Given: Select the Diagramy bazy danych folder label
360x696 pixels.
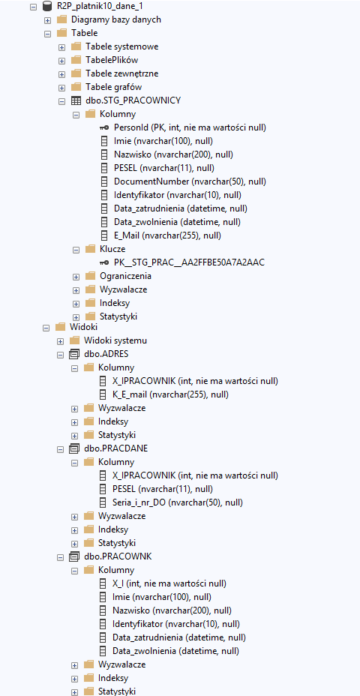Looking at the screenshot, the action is click(115, 19).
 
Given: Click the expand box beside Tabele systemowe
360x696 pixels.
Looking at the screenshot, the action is click(61, 47).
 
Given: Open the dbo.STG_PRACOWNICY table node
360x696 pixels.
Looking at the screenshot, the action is click(133, 100).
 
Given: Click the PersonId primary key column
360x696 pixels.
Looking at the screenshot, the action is click(190, 127).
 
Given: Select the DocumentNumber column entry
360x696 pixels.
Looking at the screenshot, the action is click(190, 181).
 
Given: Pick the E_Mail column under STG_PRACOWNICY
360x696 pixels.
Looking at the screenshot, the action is click(167, 235).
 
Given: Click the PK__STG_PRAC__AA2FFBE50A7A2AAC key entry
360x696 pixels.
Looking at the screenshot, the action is click(189, 262).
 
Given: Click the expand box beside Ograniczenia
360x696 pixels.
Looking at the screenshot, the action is click(76, 277).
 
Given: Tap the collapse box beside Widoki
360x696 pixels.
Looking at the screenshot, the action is click(46, 328).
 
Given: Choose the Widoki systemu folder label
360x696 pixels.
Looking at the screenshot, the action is click(115, 340).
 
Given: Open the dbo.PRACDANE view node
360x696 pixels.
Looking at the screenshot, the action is click(115, 448).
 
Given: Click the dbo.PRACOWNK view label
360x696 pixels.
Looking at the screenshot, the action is click(118, 556).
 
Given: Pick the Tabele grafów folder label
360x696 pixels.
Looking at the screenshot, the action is click(114, 87).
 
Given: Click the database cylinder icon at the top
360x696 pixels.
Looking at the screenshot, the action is click(46, 7).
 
